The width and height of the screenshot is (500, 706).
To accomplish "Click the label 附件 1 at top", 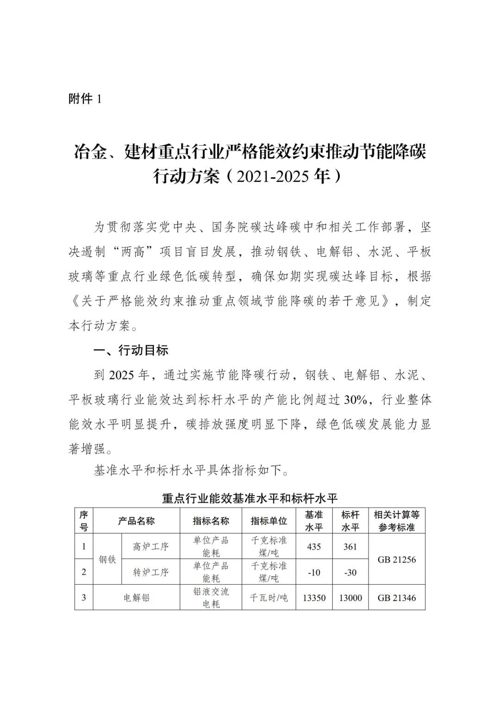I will coord(85,99).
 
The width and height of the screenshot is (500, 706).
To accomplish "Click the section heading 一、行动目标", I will coord(131,350).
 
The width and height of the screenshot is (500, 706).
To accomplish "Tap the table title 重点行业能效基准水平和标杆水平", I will coord(250,498).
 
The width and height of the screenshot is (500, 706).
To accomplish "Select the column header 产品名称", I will coord(136,521).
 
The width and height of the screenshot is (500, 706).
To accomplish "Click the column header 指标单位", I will coord(269,521).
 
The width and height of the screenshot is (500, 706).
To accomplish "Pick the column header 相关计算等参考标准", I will coord(397,521).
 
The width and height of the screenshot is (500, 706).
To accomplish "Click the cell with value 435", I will coord(314,547).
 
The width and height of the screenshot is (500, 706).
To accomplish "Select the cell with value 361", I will coord(350,547).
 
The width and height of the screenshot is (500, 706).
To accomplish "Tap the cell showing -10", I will coord(314,572).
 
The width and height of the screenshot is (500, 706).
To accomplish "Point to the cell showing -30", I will coord(350,572).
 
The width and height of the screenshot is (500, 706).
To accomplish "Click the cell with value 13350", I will coord(314,598).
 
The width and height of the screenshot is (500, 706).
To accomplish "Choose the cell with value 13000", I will coord(350,598).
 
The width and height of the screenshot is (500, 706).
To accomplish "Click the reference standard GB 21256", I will coord(397,560).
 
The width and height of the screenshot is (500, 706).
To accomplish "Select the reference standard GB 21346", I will coord(397,598).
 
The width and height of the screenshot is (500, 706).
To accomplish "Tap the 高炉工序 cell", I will coord(150,547).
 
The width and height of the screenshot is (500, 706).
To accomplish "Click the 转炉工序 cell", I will coord(150,572).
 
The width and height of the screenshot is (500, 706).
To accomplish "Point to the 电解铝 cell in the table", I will coord(136,598).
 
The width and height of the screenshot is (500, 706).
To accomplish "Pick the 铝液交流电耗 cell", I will coord(211,598).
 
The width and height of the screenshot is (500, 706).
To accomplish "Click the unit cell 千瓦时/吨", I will coord(269,598).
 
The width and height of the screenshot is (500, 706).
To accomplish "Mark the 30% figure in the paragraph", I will coord(356,400).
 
